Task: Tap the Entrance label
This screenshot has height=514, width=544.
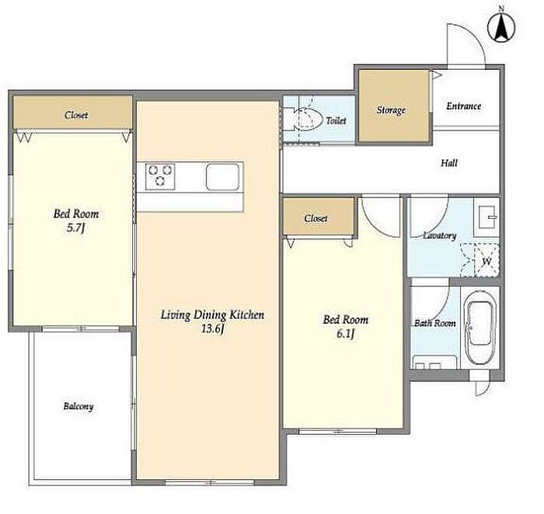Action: coord(463,106)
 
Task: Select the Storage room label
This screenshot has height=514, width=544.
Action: coord(391,110)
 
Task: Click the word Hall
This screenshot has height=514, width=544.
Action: coord(449,162)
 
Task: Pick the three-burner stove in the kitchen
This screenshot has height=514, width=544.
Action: coord(160,176)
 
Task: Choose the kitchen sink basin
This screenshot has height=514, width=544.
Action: coord(222,176)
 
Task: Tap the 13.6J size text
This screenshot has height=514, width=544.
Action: coord(212,328)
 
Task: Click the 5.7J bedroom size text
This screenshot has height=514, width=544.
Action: coord(75,229)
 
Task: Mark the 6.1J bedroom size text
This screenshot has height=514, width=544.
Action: coord(346,334)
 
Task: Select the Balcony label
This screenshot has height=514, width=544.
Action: coord(78,406)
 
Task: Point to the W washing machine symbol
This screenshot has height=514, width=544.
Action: coord(486,261)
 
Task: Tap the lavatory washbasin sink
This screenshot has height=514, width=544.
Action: coord(488,217)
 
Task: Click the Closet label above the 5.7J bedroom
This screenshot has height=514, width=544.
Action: coord(76,115)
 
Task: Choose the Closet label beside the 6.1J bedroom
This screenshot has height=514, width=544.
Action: coord(316,218)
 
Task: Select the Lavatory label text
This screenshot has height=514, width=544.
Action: coord(440,236)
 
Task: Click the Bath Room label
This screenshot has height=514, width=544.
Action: coord(435,323)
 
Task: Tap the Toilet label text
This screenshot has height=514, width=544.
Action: coord(336,120)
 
